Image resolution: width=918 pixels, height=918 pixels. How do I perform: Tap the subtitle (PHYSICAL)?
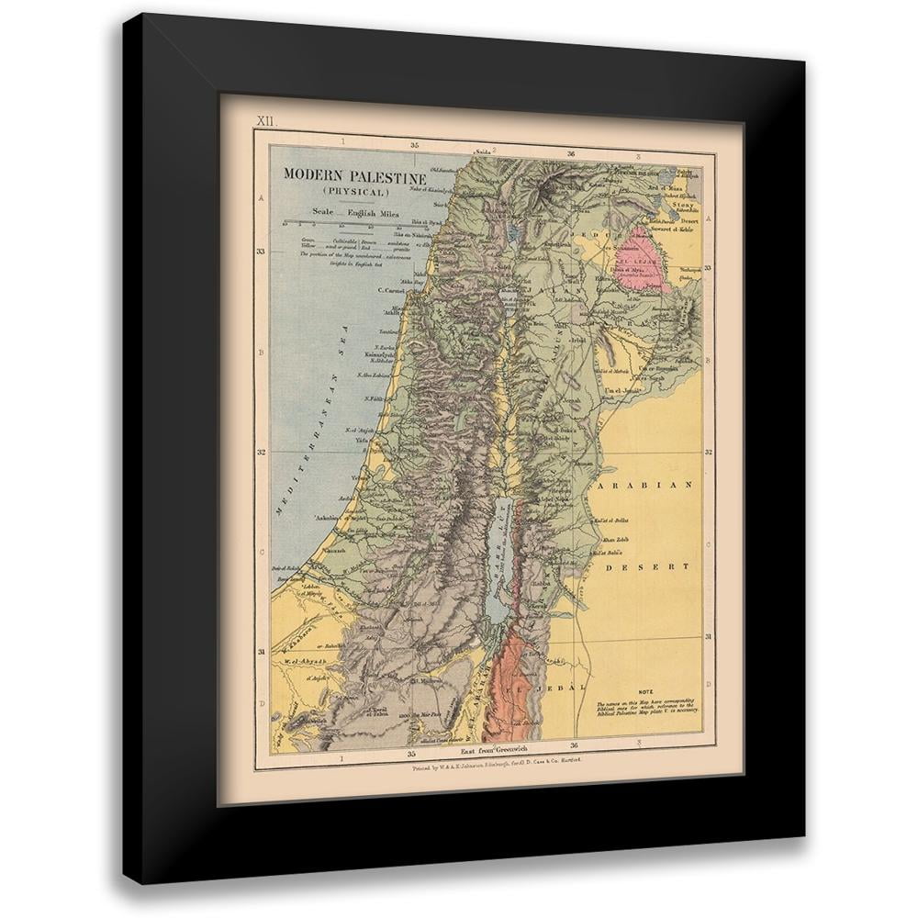[355, 192]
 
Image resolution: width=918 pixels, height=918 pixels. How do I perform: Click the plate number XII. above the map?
[265, 121]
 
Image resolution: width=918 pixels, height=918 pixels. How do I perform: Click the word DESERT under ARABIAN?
[648, 567]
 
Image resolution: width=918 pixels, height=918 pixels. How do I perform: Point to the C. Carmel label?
[393, 293]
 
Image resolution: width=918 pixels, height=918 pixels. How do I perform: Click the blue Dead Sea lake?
[498, 560]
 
